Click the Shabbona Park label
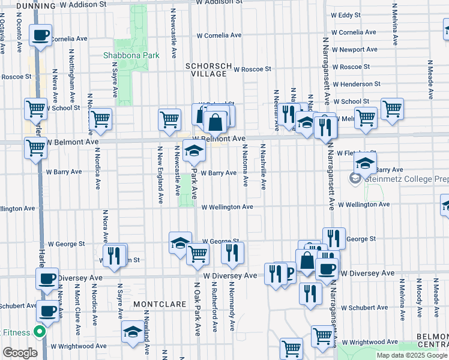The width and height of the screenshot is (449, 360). [x=131, y=55]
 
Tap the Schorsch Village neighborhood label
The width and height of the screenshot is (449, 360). [x=206, y=70]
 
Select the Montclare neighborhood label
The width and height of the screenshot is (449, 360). [x=159, y=304]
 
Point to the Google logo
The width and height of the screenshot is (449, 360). [x=20, y=352]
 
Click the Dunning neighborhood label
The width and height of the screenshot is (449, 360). [x=35, y=5]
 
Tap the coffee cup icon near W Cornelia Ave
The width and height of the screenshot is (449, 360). [x=41, y=36]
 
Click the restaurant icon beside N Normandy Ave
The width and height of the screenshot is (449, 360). [x=232, y=252]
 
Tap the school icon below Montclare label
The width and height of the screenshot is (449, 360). [x=132, y=332]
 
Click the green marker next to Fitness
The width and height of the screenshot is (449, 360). [x=40, y=331]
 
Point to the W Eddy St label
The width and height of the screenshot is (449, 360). [x=346, y=14]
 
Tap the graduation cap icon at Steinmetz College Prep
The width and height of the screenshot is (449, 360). [x=365, y=162]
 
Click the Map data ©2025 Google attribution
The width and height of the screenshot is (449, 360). [x=412, y=355]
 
